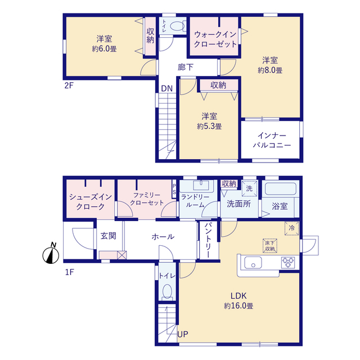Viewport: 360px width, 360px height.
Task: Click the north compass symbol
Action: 51,254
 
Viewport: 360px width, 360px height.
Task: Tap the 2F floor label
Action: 69,85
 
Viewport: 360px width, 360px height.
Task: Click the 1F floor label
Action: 69,272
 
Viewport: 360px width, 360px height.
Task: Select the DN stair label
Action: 166,89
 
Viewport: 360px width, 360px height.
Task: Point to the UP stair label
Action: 183,334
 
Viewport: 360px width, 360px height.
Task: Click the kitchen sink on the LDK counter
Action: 253,263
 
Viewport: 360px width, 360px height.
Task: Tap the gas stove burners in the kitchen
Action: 288,263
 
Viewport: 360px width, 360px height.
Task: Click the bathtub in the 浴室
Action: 280,189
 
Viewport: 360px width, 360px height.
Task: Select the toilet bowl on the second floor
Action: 178,26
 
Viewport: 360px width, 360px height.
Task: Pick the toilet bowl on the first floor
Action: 168,292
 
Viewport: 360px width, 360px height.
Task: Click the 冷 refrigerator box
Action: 291,228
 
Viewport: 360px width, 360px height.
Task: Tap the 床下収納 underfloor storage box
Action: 270,246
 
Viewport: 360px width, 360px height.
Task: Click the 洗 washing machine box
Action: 249,189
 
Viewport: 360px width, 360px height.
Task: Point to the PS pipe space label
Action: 174,189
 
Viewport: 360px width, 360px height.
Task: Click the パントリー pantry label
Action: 208,240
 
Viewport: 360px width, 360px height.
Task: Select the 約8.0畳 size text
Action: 270,70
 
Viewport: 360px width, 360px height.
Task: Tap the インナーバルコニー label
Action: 272,140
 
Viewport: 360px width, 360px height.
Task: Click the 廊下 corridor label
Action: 186,67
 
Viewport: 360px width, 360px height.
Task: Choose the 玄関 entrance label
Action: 109,236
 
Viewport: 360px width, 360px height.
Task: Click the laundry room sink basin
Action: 201,185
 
